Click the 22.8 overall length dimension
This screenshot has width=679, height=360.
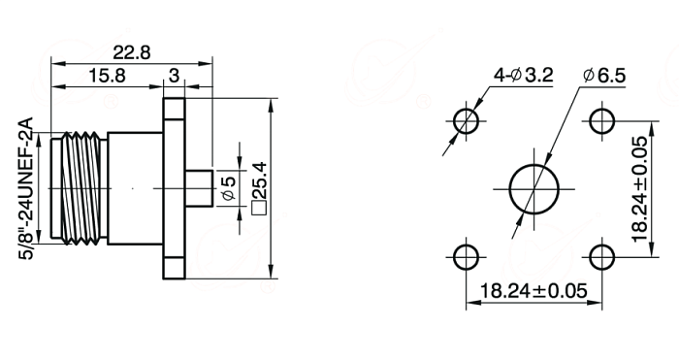[x=132, y=52]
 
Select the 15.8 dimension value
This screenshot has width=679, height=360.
[x=107, y=76]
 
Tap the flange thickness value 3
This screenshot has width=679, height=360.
[x=174, y=76]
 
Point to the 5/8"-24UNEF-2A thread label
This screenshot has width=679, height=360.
[x=26, y=188]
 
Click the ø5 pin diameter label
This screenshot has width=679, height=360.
[x=230, y=188]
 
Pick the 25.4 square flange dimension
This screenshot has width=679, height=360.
[x=259, y=180]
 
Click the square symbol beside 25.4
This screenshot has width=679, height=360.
[x=259, y=208]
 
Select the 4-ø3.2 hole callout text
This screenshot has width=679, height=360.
[x=524, y=76]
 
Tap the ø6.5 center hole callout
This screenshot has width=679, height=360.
[x=604, y=76]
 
